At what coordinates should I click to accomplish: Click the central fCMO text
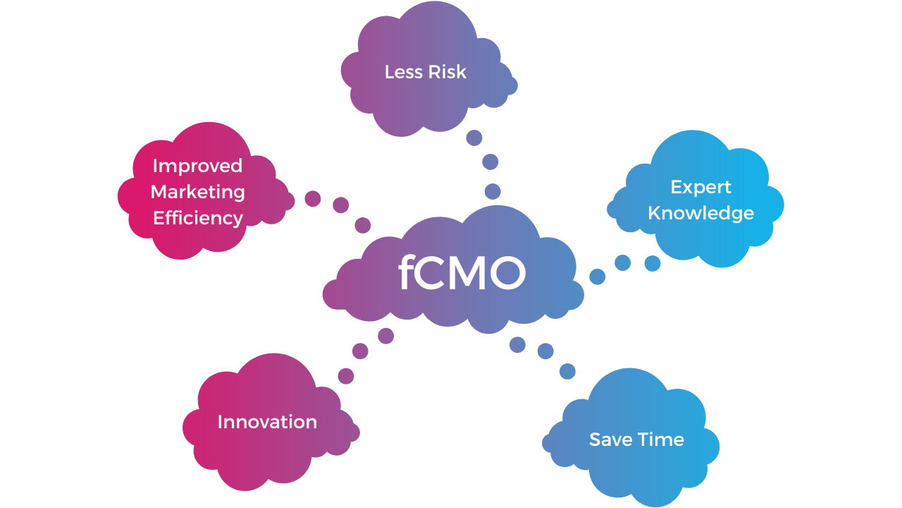coord(462,272)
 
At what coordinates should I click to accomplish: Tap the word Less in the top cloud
coord(404,72)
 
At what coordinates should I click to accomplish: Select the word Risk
coord(447,72)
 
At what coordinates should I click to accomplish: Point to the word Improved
coord(197,167)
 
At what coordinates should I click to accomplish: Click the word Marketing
coord(198,193)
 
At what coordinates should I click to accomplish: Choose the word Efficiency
coord(198,219)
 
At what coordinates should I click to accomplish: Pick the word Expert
coord(700,188)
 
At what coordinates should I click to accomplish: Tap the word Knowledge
coord(700,213)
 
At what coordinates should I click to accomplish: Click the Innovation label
coord(267,422)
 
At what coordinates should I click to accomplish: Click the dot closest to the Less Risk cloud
coord(474,138)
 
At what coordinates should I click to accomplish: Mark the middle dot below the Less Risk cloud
coord(490,162)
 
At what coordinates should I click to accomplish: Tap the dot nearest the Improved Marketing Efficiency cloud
coord(312,199)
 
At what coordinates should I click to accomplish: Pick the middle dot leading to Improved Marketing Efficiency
coord(340,205)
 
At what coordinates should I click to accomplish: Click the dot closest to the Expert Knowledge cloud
coord(653,263)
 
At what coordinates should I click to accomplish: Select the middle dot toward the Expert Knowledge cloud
coord(622,263)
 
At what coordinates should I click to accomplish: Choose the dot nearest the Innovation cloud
coord(345,376)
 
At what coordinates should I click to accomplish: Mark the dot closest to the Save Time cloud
coord(567,371)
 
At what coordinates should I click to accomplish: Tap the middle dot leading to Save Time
coord(545,351)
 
